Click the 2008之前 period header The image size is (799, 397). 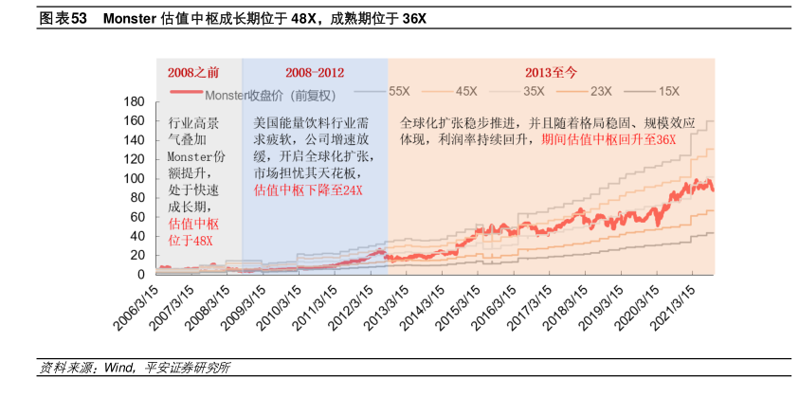coord(193,72)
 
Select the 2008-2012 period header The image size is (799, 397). coord(314,72)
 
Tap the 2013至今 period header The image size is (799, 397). coord(551,72)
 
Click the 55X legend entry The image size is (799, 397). coord(398,91)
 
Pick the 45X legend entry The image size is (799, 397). coord(465,91)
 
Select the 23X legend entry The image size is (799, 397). coord(600,91)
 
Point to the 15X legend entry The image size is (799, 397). coord(668,91)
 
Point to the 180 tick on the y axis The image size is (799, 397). coord(134,101)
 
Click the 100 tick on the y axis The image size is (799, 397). coord(134,178)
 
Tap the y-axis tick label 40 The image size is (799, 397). coord(137,236)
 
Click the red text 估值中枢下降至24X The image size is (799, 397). coord(308,189)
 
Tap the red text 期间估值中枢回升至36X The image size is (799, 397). coord(608,139)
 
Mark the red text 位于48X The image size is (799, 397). coord(191,241)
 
